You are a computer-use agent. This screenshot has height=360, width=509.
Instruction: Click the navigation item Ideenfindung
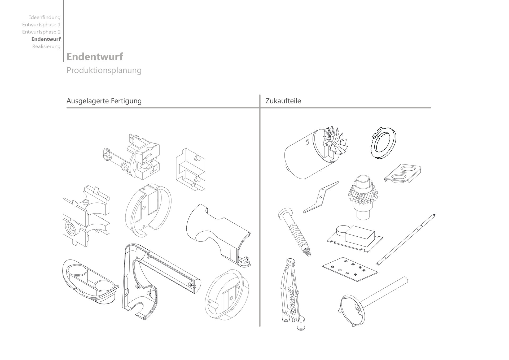coord(45,18)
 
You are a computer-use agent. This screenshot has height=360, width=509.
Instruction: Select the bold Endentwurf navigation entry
coord(46,39)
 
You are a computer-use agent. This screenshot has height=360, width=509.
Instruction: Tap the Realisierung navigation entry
coord(46,46)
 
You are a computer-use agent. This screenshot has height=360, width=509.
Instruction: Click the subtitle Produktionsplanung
coord(104,70)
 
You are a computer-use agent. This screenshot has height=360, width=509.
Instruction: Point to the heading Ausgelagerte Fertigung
coord(104,101)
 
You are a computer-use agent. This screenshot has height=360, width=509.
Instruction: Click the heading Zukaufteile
coord(283,101)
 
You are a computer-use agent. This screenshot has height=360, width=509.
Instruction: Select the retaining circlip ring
coord(383,143)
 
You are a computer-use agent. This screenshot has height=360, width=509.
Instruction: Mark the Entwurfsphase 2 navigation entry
coord(41,32)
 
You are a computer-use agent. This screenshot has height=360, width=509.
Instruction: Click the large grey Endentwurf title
coord(95,57)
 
